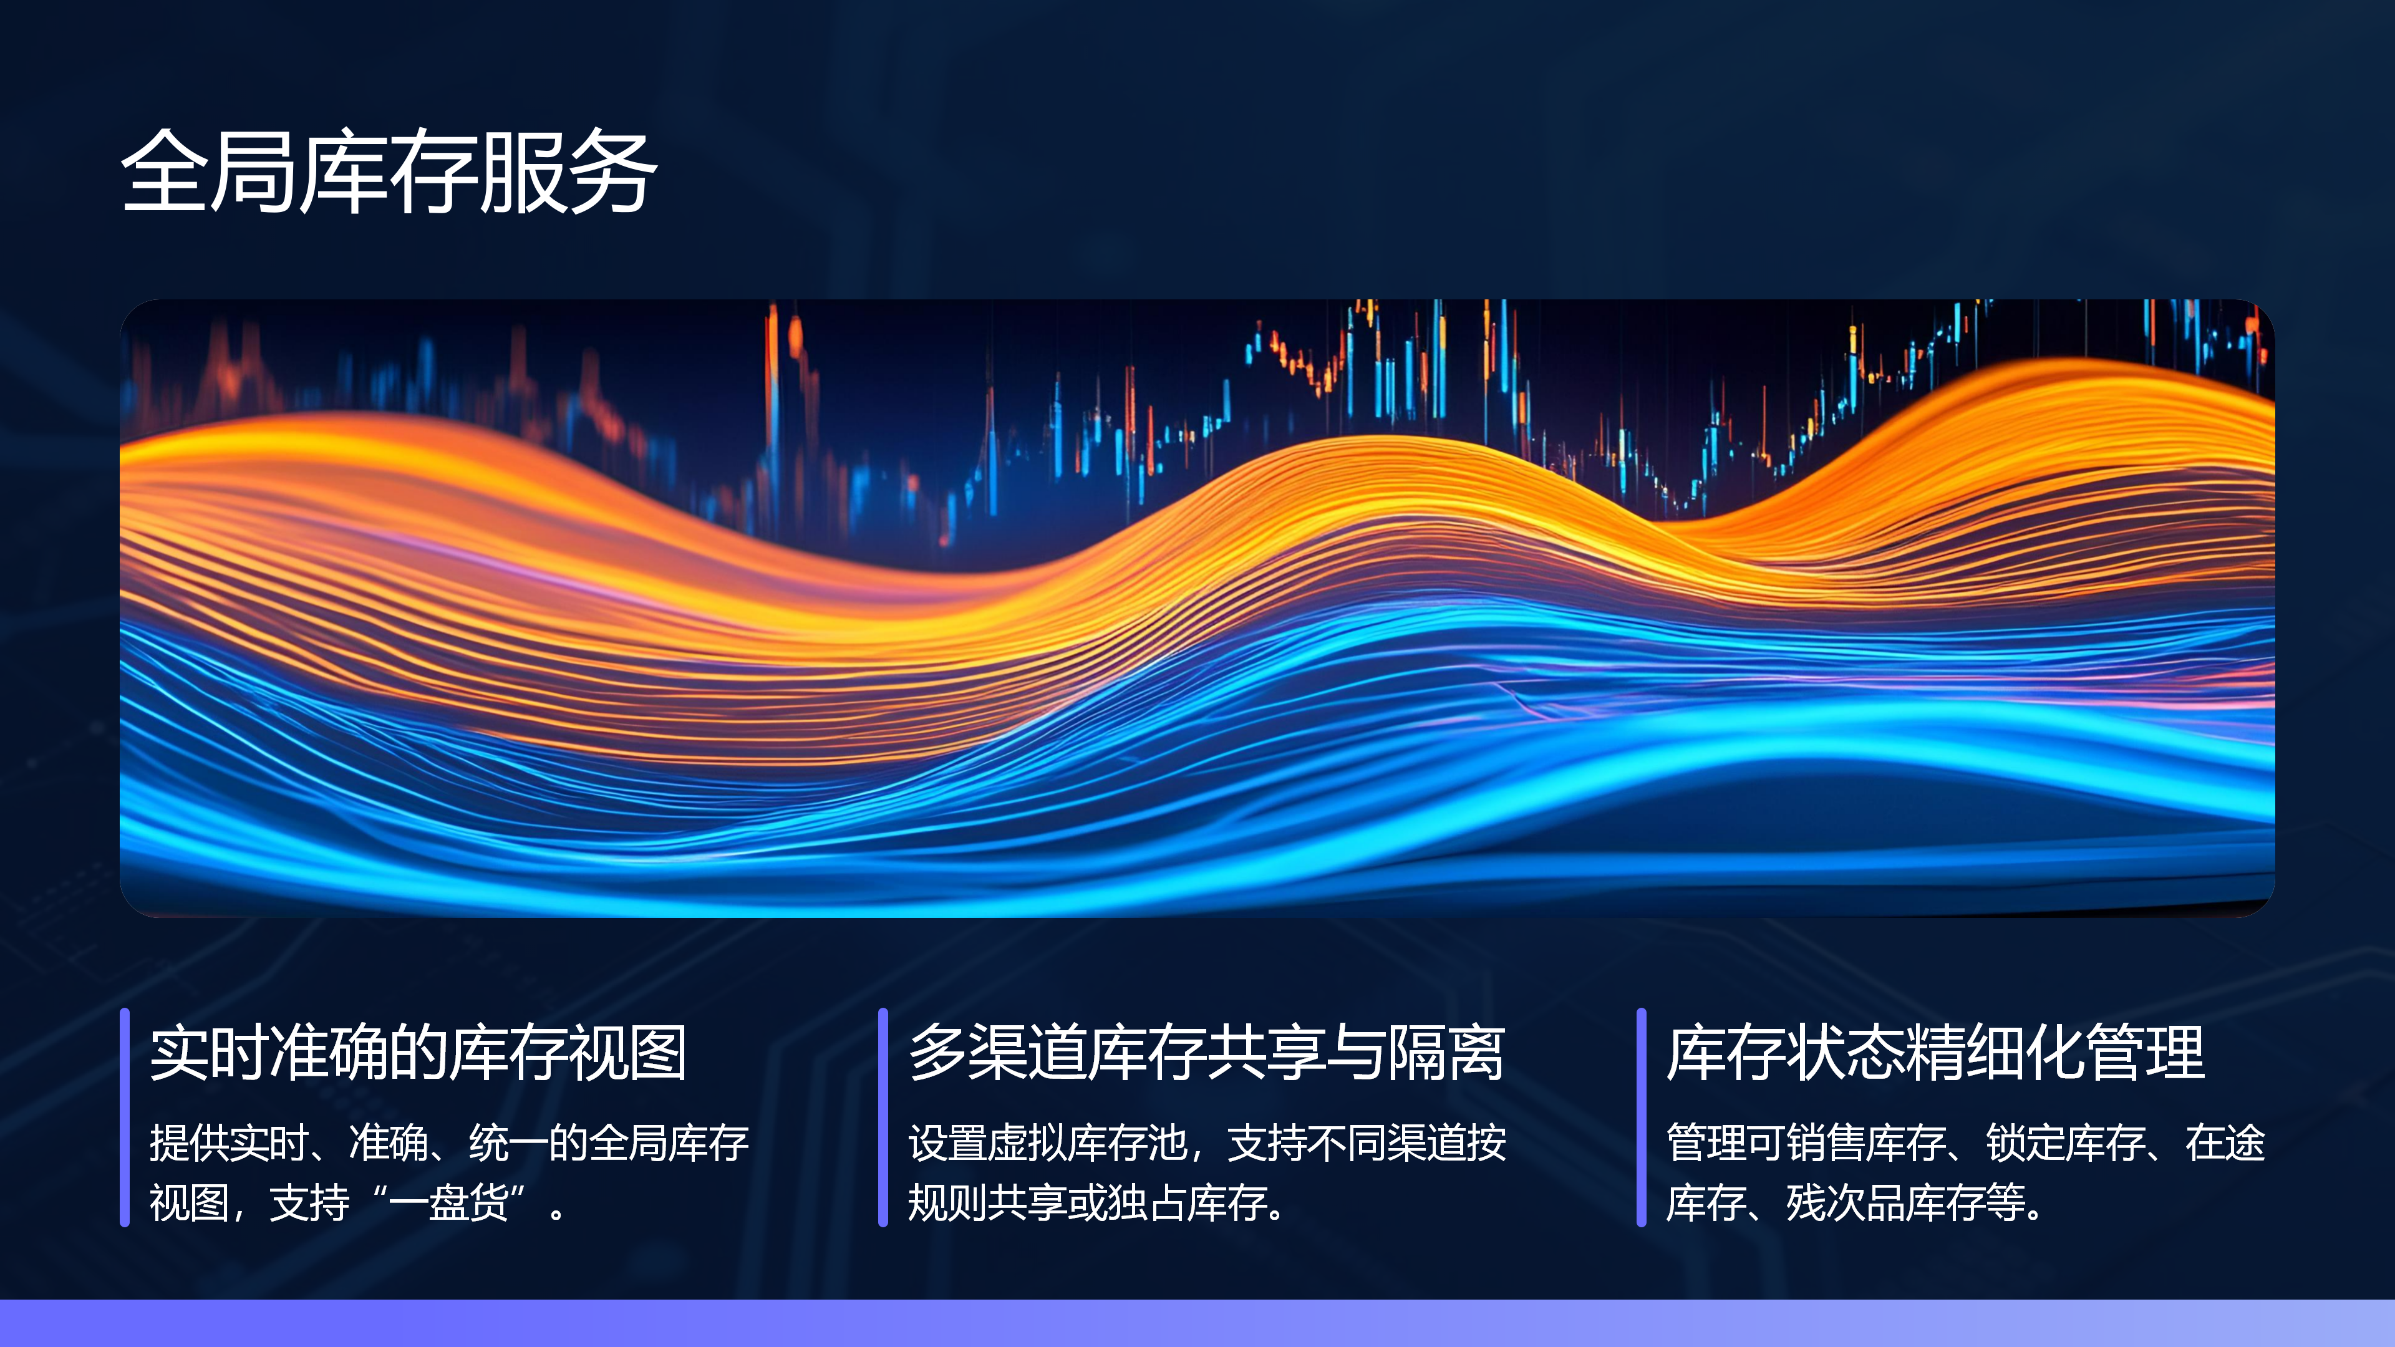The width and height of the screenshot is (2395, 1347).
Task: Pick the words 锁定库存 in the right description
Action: (x=2066, y=1142)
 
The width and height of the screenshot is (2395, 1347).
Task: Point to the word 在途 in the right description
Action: (x=2225, y=1142)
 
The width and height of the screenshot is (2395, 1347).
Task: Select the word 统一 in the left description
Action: (x=508, y=1142)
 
